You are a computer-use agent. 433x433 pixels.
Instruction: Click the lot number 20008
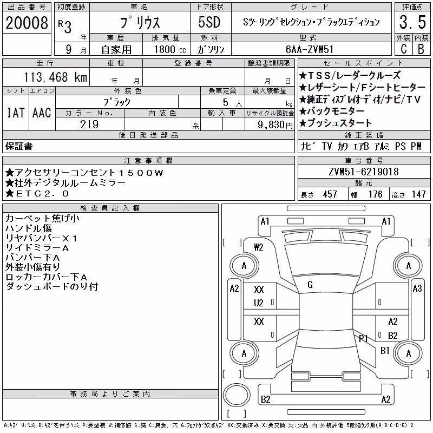pyautogui.click(x=27, y=23)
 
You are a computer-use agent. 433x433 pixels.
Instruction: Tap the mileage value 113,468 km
pyautogui.click(x=55, y=77)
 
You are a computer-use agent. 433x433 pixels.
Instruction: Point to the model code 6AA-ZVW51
pyautogui.click(x=310, y=49)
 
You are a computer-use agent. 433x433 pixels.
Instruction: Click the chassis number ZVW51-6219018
pyautogui.click(x=364, y=172)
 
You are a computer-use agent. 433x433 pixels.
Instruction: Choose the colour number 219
pyautogui.click(x=89, y=124)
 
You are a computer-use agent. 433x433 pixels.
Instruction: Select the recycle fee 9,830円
pyautogui.click(x=275, y=125)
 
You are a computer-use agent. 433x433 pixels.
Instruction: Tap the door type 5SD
pyautogui.click(x=209, y=22)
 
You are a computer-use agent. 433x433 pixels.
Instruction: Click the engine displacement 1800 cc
pyautogui.click(x=170, y=49)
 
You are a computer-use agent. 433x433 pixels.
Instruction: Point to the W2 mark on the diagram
pyautogui.click(x=259, y=247)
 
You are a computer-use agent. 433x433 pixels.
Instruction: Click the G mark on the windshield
pyautogui.click(x=310, y=285)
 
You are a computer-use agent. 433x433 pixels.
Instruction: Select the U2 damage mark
pyautogui.click(x=259, y=303)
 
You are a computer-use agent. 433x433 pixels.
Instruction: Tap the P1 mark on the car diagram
pyautogui.click(x=363, y=338)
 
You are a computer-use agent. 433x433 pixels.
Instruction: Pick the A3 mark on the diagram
pyautogui.click(x=417, y=288)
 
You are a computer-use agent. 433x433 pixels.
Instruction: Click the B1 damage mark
pyautogui.click(x=385, y=351)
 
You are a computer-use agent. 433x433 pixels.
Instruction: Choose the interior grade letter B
pyautogui.click(x=421, y=49)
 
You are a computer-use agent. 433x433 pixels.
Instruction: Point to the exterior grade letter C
pyautogui.click(x=403, y=49)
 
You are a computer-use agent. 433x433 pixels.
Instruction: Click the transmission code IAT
pyautogui.click(x=16, y=113)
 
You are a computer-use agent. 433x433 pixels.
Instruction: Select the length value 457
pyautogui.click(x=330, y=194)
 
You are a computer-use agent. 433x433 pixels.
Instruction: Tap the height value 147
pyautogui.click(x=418, y=194)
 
